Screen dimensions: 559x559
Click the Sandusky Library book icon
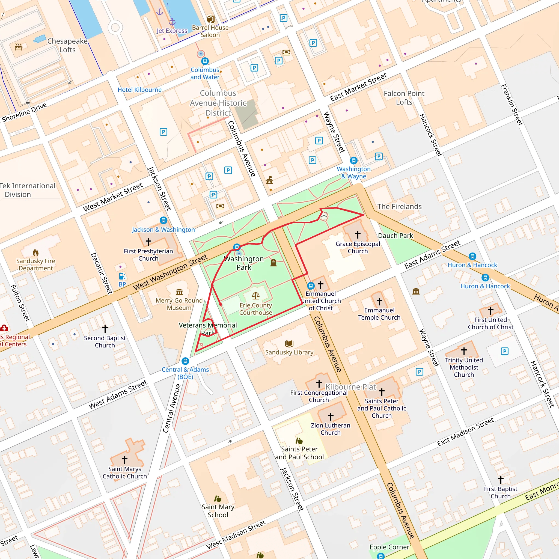pos(289,343)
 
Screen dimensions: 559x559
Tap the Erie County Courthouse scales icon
pos(255,295)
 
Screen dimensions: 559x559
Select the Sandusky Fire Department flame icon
pos(35,252)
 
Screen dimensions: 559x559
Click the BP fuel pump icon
pos(122,276)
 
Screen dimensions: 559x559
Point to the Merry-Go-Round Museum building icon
pos(179,292)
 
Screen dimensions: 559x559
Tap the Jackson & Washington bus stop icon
pos(163,221)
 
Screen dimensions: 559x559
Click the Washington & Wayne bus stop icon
pos(353,160)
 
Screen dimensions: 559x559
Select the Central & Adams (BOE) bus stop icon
pos(185,361)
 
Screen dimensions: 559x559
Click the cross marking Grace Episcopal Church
pos(358,234)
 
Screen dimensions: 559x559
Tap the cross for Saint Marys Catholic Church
pos(125,459)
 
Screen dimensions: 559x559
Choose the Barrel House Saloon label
pos(210,31)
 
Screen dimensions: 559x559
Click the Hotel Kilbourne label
pos(139,90)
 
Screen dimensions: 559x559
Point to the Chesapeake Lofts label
pos(67,45)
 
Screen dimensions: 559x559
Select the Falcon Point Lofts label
pos(404,97)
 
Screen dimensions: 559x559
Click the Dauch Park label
pos(395,236)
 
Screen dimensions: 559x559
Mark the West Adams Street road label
pos(118,394)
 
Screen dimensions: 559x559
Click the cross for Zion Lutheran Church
pos(331,416)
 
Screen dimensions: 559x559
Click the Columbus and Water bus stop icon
pos(205,61)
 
